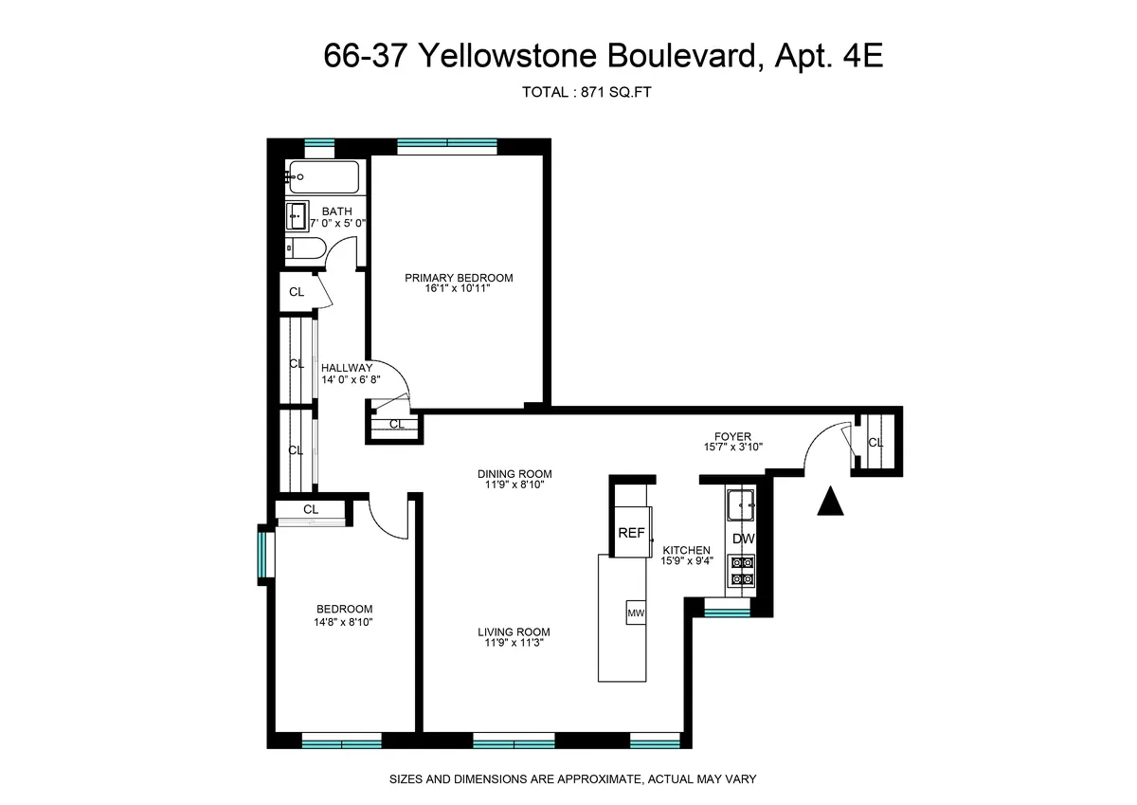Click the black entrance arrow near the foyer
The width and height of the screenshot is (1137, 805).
click(831, 502)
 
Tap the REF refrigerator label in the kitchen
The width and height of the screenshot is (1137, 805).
click(631, 533)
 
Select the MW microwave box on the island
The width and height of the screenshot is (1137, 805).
click(635, 613)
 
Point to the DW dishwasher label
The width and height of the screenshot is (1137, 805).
click(742, 539)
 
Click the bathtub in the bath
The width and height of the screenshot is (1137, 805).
click(324, 176)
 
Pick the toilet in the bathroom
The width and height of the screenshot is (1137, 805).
click(307, 249)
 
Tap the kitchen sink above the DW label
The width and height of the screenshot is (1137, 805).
click(740, 504)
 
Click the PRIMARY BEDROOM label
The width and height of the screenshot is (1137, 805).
click(459, 278)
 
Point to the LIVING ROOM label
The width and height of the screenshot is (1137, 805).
click(514, 632)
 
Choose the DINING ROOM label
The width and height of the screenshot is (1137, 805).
click(514, 474)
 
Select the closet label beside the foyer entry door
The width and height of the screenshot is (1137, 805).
click(875, 443)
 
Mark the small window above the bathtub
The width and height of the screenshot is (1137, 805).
click(319, 145)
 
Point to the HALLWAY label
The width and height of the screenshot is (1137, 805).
click(347, 368)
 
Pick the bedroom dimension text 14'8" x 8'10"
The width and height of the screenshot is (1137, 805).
click(345, 623)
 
